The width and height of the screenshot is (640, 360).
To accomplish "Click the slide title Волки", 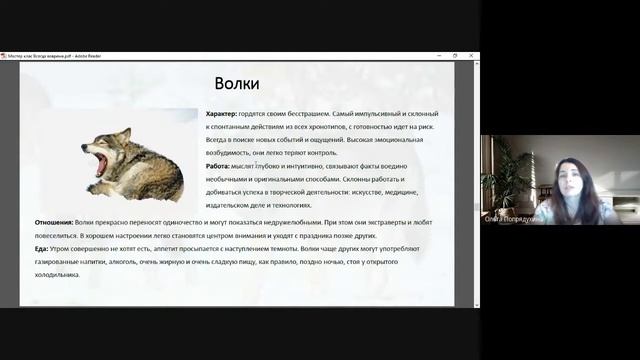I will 237,83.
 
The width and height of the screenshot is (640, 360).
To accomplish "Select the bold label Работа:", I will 218,165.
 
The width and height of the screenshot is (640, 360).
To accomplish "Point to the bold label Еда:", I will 41,248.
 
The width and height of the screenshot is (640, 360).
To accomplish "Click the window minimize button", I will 443,56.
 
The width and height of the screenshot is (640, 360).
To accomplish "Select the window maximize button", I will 456,56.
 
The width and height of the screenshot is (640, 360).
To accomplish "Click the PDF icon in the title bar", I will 4,56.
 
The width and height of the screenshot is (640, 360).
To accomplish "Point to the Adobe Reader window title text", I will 55,56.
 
